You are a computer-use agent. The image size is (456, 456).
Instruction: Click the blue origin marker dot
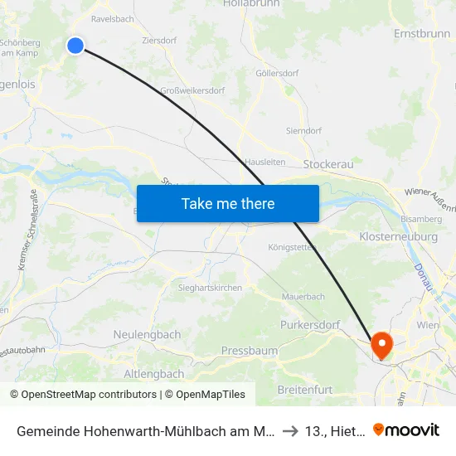coord(75,46)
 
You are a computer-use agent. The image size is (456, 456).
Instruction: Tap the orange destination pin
coord(382,344)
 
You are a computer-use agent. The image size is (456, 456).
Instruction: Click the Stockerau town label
coord(328,164)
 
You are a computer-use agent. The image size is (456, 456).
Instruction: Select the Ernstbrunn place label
coord(422,34)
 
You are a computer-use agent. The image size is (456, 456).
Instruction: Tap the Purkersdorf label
coord(310,325)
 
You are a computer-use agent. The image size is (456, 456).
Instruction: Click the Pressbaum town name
coord(250,351)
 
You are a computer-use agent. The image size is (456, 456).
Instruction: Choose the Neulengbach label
coord(146,334)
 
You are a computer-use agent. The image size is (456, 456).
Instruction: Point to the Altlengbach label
coord(153,374)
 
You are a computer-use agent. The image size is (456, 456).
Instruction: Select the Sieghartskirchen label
coord(211,287)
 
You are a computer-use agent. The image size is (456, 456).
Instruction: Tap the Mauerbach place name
coord(303,296)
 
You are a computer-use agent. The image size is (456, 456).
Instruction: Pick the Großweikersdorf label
coord(190,90)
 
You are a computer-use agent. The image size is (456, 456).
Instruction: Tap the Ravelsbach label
coord(107,17)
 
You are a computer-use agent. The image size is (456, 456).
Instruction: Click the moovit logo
coord(407,429)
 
